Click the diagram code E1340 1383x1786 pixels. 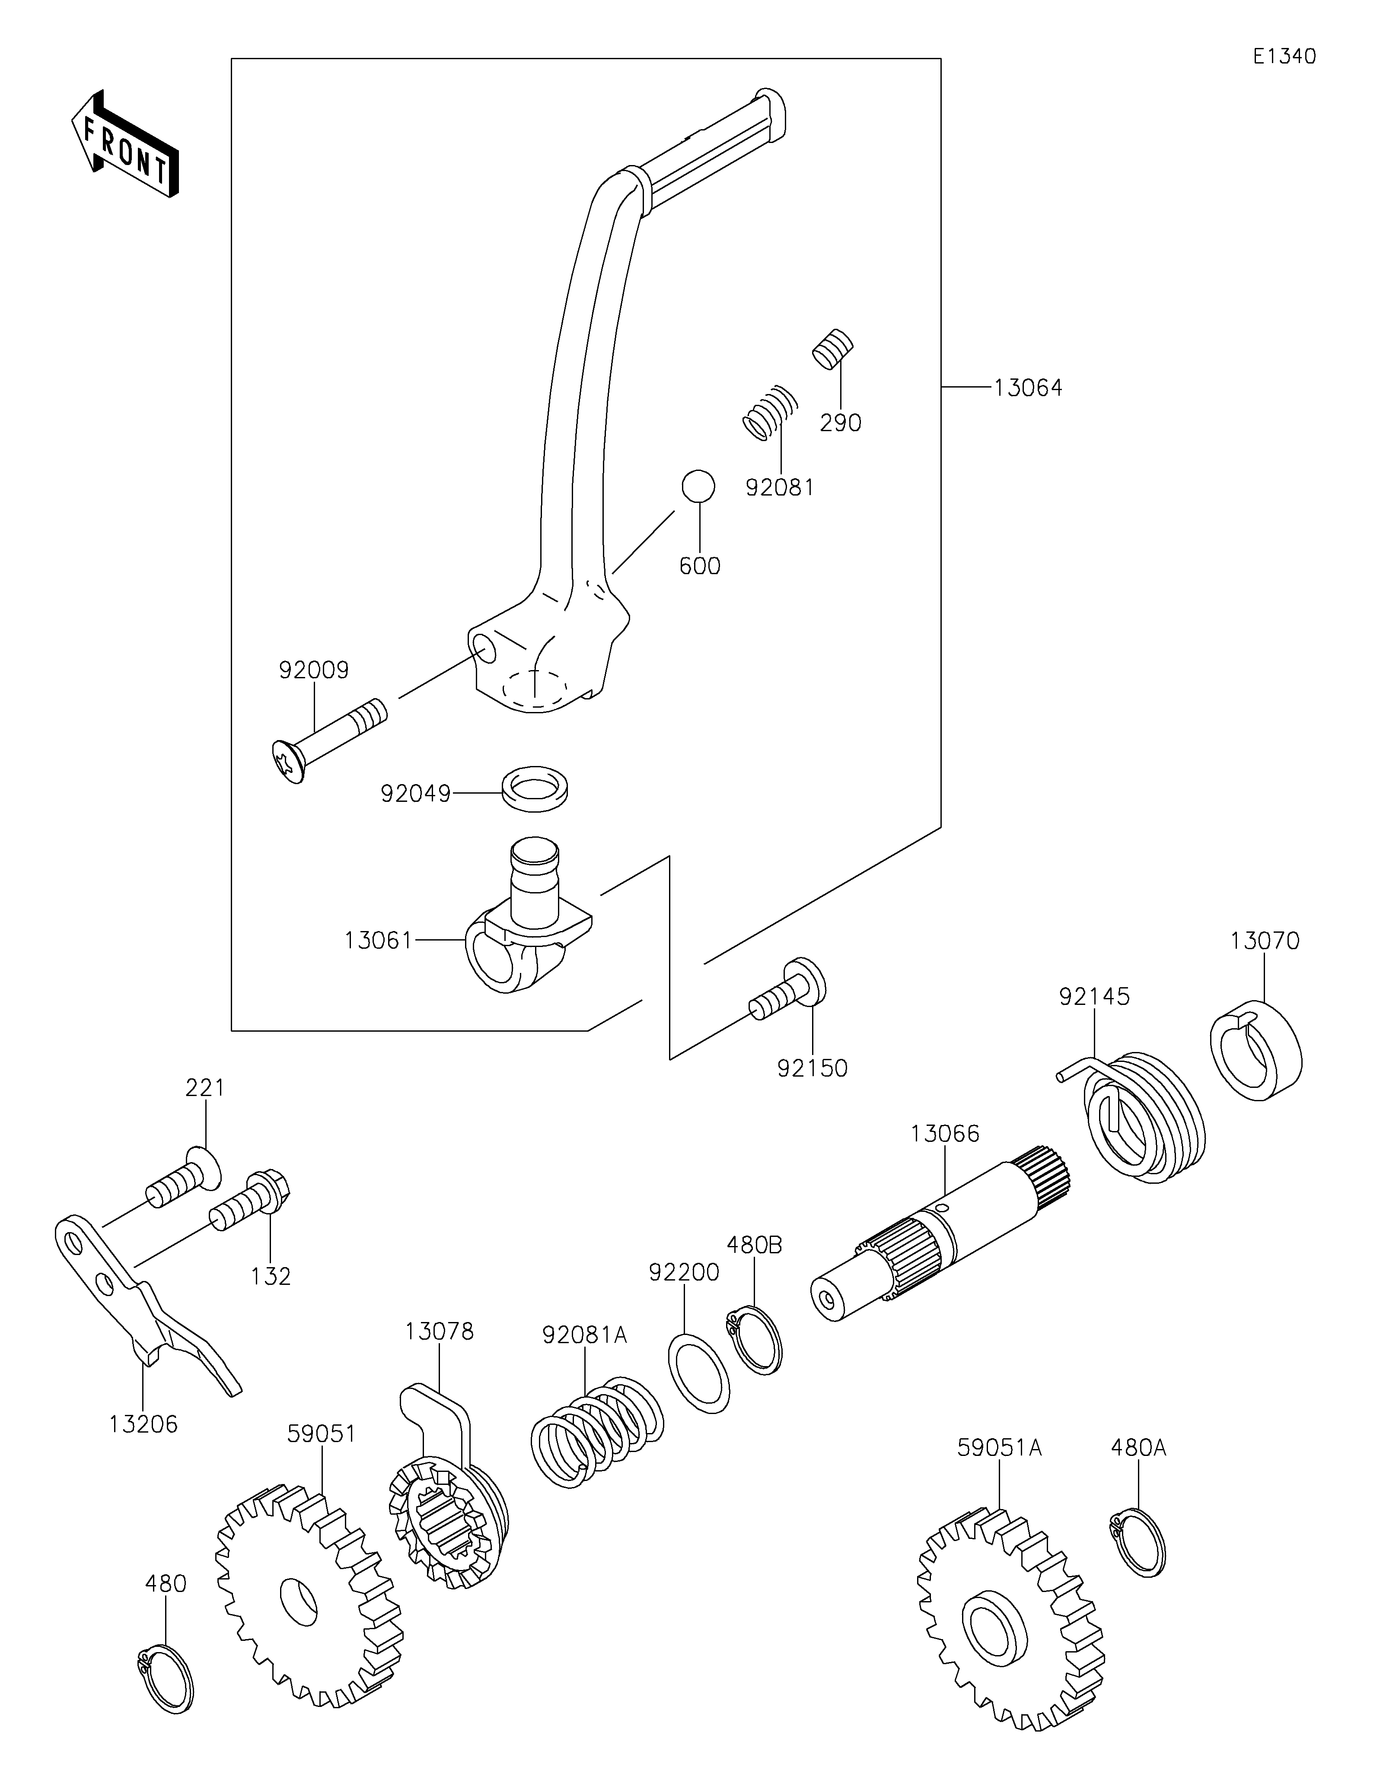click(x=1284, y=57)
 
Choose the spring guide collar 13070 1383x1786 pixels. click(x=1256, y=1051)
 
